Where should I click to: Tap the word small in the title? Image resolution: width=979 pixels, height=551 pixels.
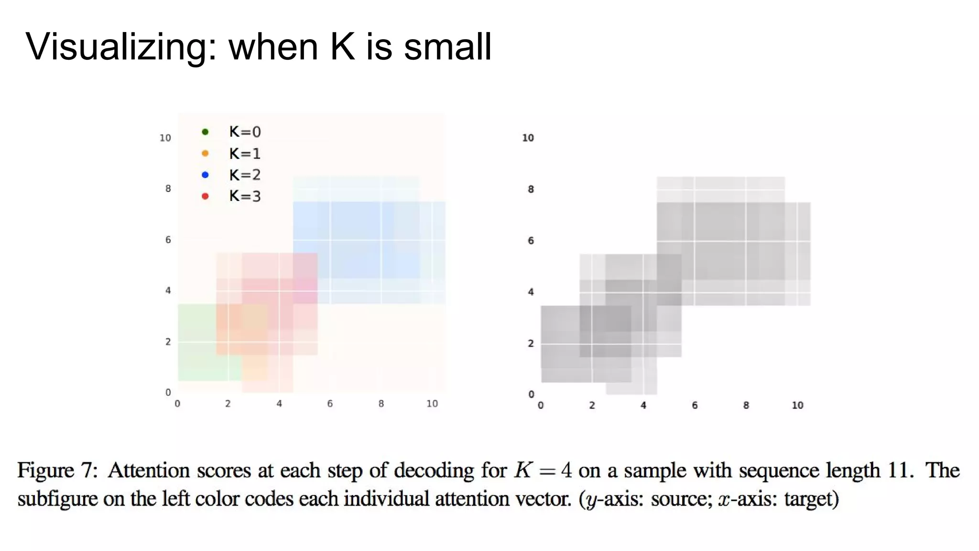tap(447, 47)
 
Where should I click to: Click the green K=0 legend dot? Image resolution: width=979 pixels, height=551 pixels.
tap(205, 132)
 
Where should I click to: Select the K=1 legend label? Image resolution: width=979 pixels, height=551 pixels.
tap(245, 154)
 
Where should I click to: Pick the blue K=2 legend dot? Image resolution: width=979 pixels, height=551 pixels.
tap(205, 175)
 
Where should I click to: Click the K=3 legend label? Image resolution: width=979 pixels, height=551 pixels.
tap(245, 196)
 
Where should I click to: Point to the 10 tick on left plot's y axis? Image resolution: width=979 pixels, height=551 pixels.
tap(165, 138)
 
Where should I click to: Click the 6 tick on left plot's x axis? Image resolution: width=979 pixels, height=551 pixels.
tap(330, 404)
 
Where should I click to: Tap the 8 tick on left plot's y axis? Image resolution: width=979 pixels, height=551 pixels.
tap(168, 188)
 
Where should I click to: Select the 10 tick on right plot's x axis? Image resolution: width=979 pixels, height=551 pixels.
tap(797, 405)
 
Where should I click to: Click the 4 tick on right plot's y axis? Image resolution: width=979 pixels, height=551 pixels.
tap(531, 292)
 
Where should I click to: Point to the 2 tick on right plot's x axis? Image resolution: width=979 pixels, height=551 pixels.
tap(592, 405)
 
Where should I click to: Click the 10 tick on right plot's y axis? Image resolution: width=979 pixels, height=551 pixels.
tap(528, 138)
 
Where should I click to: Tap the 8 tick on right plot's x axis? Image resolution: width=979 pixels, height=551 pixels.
tap(746, 405)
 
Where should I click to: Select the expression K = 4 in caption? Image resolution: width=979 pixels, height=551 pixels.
tap(543, 471)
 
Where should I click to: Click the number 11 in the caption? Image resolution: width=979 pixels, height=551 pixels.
tap(899, 471)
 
